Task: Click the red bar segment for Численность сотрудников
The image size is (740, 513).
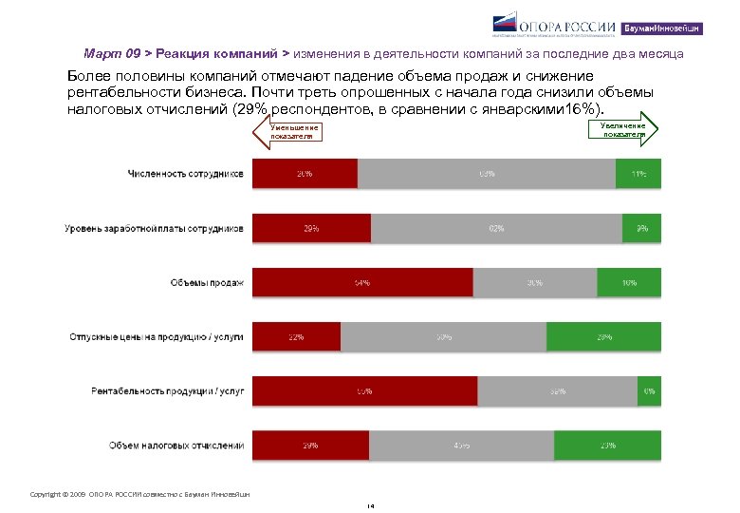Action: click(x=305, y=174)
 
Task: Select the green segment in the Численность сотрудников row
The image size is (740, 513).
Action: click(x=638, y=174)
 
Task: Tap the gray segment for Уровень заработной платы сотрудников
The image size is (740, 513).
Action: click(x=496, y=228)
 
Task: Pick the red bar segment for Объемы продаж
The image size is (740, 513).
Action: click(x=361, y=282)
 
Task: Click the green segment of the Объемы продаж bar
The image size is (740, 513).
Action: click(x=629, y=282)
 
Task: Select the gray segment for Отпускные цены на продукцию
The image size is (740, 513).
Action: click(x=443, y=336)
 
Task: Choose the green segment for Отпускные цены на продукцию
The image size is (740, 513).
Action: click(x=603, y=336)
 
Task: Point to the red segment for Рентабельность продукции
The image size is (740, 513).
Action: click(x=364, y=390)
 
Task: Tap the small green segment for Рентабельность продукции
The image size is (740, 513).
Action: click(x=649, y=390)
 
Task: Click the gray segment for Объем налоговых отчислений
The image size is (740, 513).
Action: click(x=461, y=445)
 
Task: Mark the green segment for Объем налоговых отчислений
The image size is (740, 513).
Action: click(x=607, y=445)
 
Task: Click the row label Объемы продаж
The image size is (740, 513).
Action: click(x=207, y=282)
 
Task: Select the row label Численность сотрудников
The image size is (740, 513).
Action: click(x=186, y=174)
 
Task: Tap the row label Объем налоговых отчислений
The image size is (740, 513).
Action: click(x=176, y=445)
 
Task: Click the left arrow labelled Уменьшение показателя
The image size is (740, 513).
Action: click(x=289, y=132)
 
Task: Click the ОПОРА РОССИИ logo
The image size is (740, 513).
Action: click(x=555, y=28)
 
